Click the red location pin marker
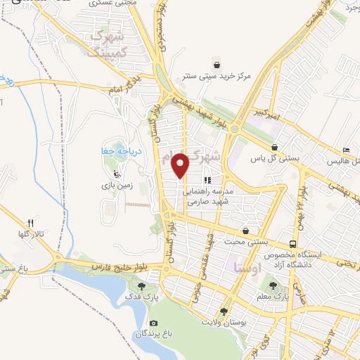point(181,166)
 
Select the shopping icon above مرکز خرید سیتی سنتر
point(224,61)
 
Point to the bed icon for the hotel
point(345,151)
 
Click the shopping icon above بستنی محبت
point(245,231)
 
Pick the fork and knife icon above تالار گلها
point(30,222)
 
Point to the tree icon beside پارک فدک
point(143,286)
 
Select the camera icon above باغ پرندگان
point(153,323)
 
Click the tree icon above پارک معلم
point(274,285)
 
